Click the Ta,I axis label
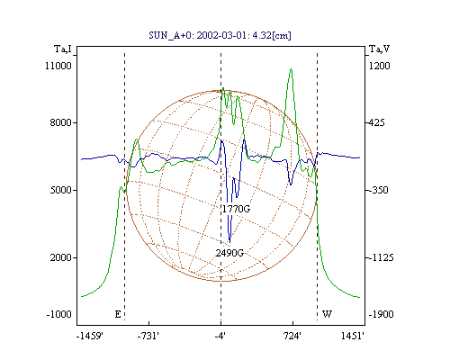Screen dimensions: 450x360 coord(63,49)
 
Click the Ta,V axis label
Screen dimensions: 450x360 coord(379,49)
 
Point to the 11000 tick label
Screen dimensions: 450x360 coord(58,66)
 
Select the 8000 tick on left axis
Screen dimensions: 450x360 coord(61,122)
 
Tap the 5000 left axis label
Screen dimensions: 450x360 coord(61,190)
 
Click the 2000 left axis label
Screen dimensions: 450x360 coord(61,257)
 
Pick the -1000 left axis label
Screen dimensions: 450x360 coord(59,314)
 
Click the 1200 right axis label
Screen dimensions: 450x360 coord(379,66)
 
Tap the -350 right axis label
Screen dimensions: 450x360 coord(378,190)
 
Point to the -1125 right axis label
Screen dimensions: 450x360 coord(381,257)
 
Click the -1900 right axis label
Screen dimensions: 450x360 coord(381,314)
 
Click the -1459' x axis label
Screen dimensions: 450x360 coord(90,336)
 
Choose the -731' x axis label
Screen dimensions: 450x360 coord(148,336)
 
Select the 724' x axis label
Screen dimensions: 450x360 coord(292,336)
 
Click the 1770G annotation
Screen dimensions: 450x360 coord(236,209)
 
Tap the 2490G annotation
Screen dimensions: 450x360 coord(229,253)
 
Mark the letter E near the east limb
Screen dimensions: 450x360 coord(118,314)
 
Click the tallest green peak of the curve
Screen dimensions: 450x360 coord(291,69)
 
